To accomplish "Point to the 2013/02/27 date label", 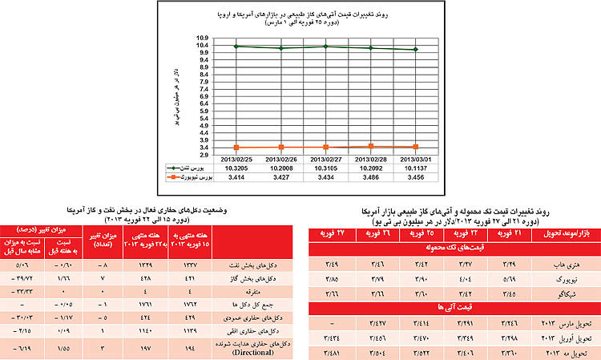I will (325, 159).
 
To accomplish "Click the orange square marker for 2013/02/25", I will (236, 147).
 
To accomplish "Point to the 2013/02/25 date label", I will (236, 159).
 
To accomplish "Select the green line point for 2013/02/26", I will (280, 48).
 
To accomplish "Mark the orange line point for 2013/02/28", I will (370, 146).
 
